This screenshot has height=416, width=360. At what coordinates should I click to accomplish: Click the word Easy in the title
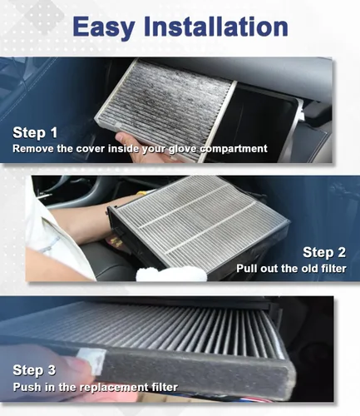tap(104, 27)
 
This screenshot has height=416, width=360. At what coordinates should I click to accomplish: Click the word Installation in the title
tap(216, 26)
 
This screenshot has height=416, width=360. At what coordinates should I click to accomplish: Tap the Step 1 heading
tap(35, 132)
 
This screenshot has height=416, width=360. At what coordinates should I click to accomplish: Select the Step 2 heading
tap(324, 252)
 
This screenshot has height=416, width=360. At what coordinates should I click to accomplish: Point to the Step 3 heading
tap(34, 370)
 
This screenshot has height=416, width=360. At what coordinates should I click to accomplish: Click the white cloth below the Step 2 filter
tap(171, 274)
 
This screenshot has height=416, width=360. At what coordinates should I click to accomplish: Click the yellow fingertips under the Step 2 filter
tap(116, 242)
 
